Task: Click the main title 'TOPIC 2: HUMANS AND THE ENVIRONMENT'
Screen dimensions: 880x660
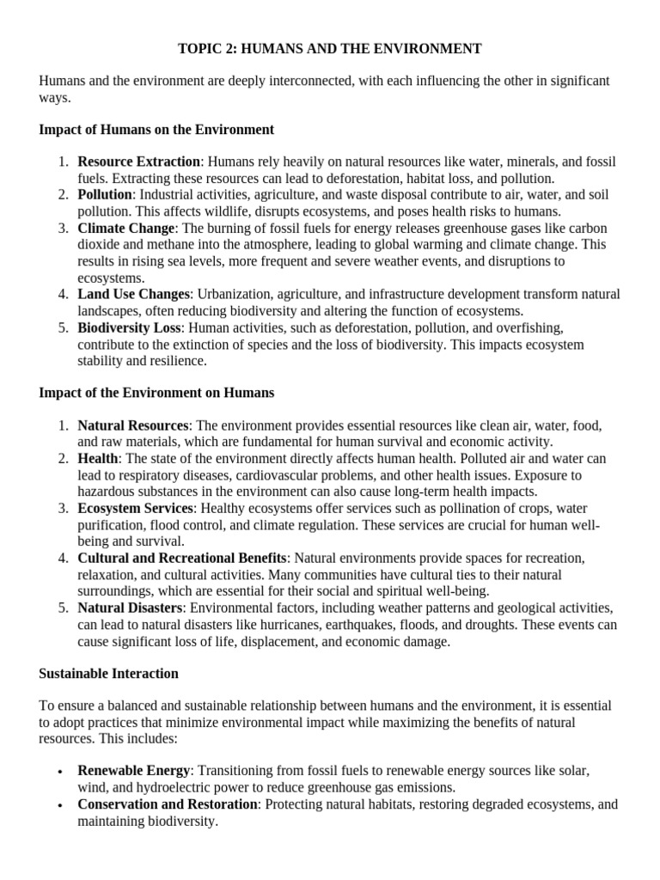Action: click(x=330, y=49)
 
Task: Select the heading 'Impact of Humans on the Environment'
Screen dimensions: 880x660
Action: click(x=156, y=130)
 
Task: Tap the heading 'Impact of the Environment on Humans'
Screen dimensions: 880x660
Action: click(x=156, y=393)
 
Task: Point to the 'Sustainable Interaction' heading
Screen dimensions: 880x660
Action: click(x=108, y=673)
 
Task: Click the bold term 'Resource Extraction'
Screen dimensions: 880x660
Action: click(x=138, y=162)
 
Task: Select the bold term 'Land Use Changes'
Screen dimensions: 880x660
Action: click(x=133, y=295)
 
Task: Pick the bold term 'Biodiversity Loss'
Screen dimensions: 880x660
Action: click(x=130, y=328)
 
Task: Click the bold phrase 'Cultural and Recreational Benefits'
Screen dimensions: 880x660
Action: click(x=182, y=559)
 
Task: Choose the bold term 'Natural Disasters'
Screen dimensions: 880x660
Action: click(x=130, y=608)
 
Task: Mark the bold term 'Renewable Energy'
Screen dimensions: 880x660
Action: click(x=133, y=772)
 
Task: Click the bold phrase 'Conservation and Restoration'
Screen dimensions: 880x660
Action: click(x=168, y=805)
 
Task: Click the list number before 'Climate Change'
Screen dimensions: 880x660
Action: click(x=64, y=229)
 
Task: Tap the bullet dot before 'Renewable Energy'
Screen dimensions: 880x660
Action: click(x=59, y=773)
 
